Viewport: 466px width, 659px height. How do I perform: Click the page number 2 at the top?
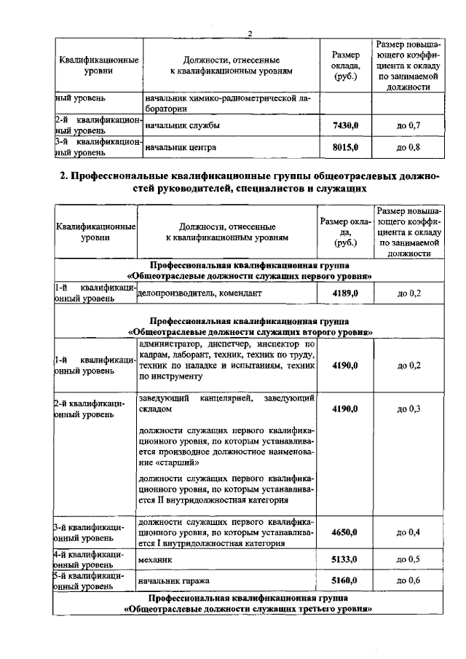point(249,33)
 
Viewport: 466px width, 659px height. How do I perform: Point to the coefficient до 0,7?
point(408,126)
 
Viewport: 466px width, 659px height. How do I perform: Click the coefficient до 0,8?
point(408,148)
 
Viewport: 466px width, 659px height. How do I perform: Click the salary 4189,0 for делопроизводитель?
point(344,293)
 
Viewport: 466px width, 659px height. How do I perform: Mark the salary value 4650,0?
point(344,532)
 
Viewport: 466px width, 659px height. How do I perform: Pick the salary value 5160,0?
point(344,581)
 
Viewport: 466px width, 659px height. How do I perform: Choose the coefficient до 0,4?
point(408,532)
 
